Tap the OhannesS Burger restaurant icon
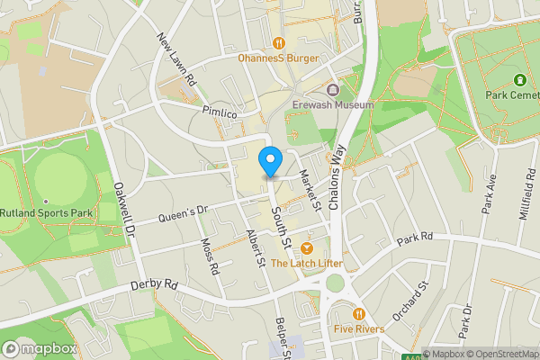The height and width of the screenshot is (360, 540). pos(280,42)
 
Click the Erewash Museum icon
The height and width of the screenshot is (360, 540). pos(333,90)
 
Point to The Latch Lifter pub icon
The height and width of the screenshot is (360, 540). pos(307,247)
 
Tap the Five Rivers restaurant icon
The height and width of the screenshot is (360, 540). pos(359,313)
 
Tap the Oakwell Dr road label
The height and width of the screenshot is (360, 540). pos(123,209)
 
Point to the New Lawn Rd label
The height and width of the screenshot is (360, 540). pos(176,59)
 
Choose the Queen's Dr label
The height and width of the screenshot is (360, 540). pos(183,213)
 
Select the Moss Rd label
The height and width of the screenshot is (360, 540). pos(210,256)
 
